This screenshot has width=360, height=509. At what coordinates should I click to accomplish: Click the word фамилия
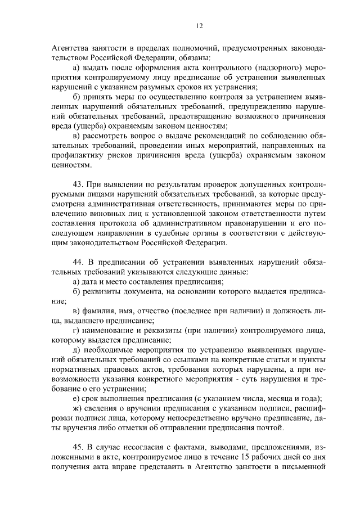coord(101,310)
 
